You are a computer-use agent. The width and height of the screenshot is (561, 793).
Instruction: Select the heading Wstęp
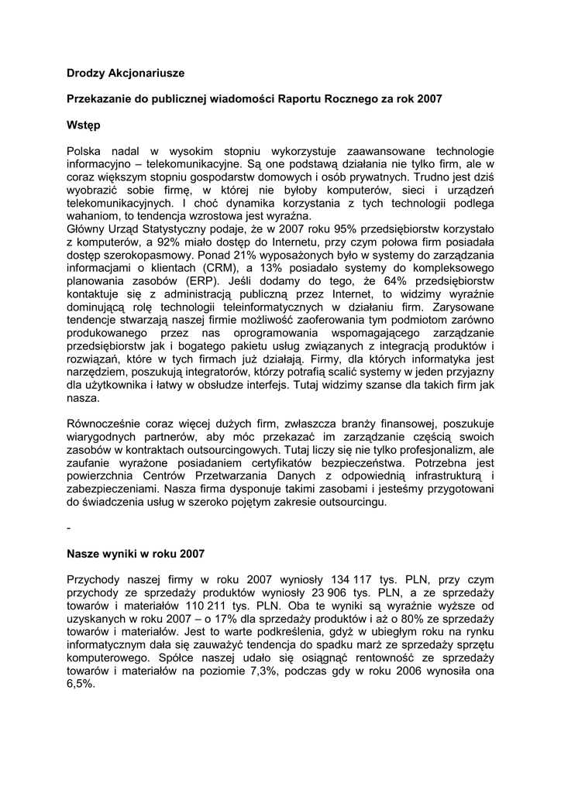pyautogui.click(x=84, y=124)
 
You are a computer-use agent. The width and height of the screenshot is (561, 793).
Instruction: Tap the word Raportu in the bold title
pyautogui.click(x=307, y=99)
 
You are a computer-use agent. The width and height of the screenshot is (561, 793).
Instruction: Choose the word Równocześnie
pyautogui.click(x=105, y=424)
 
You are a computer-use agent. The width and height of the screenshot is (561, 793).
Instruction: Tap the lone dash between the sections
pyautogui.click(x=69, y=528)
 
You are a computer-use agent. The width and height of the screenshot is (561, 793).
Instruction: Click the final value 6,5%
pyautogui.click(x=81, y=685)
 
